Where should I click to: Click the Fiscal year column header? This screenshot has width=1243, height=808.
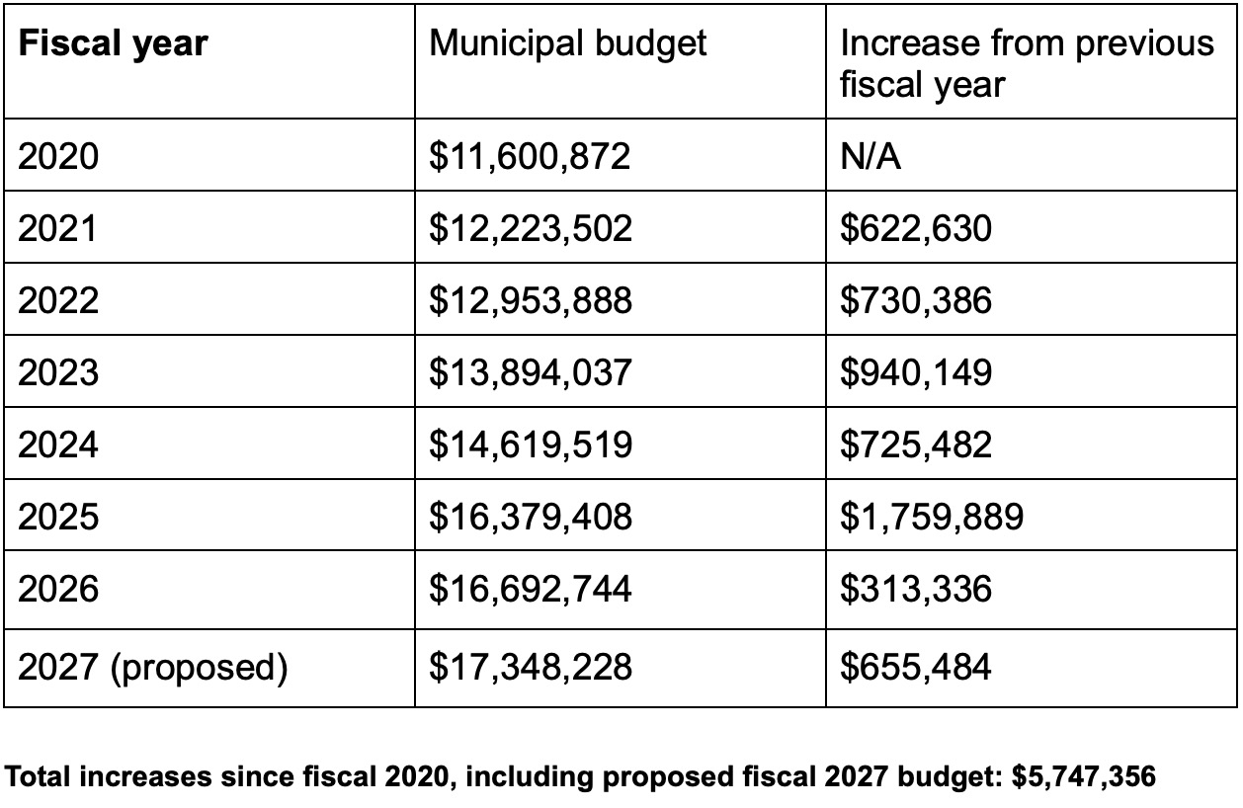[x=113, y=44]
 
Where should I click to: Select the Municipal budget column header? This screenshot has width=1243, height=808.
[x=568, y=42]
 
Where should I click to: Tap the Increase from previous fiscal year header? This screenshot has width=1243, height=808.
[x=1027, y=63]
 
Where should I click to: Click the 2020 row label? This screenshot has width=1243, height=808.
[x=59, y=156]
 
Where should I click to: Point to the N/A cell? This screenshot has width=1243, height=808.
[x=870, y=156]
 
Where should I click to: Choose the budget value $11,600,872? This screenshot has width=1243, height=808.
[x=530, y=156]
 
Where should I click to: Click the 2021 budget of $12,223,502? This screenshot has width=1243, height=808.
[x=530, y=228]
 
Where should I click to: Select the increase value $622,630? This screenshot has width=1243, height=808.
[x=915, y=228]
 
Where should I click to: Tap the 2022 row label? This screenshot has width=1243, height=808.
[x=59, y=300]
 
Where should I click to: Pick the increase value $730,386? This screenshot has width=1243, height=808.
[x=915, y=300]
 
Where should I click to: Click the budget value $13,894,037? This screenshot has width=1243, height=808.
[x=530, y=372]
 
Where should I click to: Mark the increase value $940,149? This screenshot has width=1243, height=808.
[x=915, y=372]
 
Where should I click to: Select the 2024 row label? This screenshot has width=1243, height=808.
[x=59, y=444]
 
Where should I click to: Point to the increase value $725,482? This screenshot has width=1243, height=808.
[x=915, y=444]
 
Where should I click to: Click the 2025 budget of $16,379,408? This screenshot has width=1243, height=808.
[x=530, y=517]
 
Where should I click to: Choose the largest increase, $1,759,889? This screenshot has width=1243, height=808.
[x=931, y=517]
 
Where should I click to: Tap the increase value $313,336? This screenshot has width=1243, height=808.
[x=915, y=589]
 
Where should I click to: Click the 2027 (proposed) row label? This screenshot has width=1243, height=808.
[x=153, y=668]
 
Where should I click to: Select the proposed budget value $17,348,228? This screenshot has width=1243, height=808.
[x=530, y=667]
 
